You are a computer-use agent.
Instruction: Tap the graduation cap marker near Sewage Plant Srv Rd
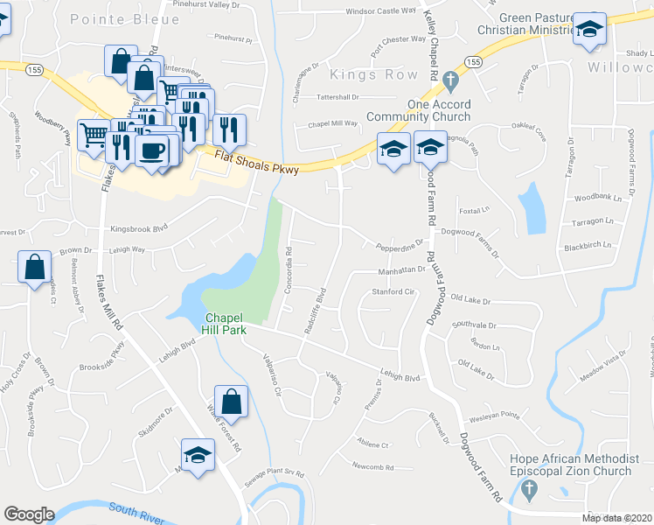[x=198, y=455]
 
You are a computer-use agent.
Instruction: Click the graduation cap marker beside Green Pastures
[x=590, y=29]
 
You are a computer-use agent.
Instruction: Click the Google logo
[x=29, y=515]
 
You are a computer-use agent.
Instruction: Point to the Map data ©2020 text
[x=616, y=518]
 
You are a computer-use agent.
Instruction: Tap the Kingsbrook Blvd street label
[x=138, y=229]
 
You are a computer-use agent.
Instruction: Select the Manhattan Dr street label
[x=400, y=270]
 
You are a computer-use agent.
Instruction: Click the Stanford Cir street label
[x=393, y=291]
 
